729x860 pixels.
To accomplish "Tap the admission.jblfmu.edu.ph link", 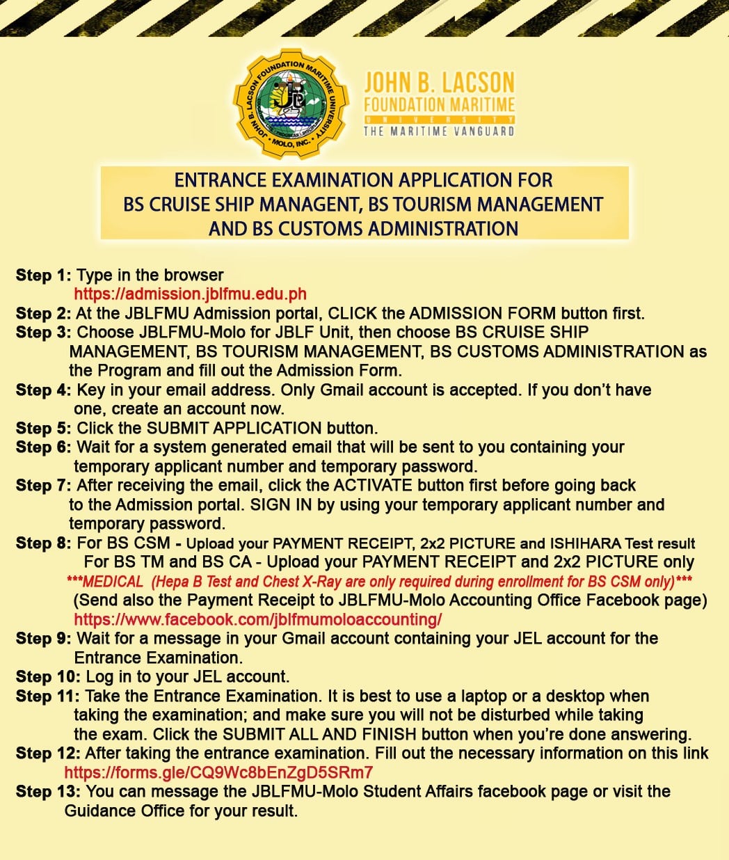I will (x=190, y=294).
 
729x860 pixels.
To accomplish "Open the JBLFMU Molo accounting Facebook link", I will (x=257, y=619).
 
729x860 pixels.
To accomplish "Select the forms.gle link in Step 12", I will (x=218, y=772).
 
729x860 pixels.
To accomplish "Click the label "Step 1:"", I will (x=43, y=276).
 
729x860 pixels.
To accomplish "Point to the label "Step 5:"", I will (x=43, y=429).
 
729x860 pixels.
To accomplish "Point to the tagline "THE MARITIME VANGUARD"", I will (x=439, y=131).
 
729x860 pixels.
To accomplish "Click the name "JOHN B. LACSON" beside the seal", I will (x=439, y=83).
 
